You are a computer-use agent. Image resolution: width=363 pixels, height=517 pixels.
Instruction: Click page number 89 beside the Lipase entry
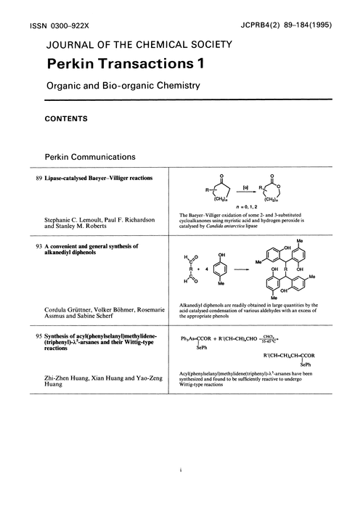39,179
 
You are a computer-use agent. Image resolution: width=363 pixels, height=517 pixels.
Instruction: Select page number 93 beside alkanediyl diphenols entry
39,246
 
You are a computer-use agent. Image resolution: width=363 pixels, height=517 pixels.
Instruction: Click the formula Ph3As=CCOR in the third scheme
200,338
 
